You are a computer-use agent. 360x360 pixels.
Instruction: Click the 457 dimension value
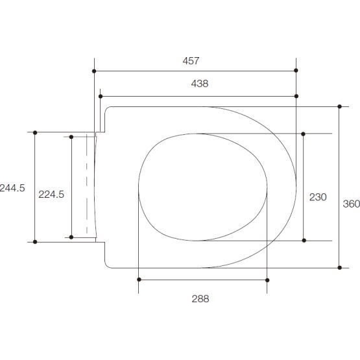[x=191, y=61]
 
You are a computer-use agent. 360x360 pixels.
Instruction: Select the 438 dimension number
[x=199, y=84]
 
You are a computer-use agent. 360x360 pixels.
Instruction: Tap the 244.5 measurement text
[x=12, y=188]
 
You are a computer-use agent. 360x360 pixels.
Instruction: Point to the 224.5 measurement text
[x=51, y=194]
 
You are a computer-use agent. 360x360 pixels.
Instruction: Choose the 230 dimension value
[x=318, y=197]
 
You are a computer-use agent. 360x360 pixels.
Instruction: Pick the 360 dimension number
[x=351, y=204]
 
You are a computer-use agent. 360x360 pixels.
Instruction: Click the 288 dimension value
[x=200, y=299]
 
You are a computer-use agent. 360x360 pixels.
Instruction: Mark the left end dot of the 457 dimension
[x=95, y=70]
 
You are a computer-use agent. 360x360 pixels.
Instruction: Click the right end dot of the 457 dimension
[x=296, y=70]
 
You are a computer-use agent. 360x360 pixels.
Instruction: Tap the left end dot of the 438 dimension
[x=101, y=97]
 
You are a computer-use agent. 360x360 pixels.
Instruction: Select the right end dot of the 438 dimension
[x=296, y=97]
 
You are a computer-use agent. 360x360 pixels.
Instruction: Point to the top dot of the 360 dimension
[x=339, y=106]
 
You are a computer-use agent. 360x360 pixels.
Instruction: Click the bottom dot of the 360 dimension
[x=339, y=267]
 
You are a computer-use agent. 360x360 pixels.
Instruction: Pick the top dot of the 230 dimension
[x=303, y=134]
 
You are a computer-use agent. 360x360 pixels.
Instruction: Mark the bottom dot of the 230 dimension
[x=303, y=241]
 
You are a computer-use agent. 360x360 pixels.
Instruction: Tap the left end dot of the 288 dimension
[x=139, y=280]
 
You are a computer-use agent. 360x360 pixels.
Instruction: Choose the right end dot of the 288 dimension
[x=267, y=280]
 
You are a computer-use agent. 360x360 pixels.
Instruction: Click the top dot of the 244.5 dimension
[x=35, y=132]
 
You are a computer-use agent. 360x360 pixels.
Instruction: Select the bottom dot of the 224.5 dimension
[x=71, y=237]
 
